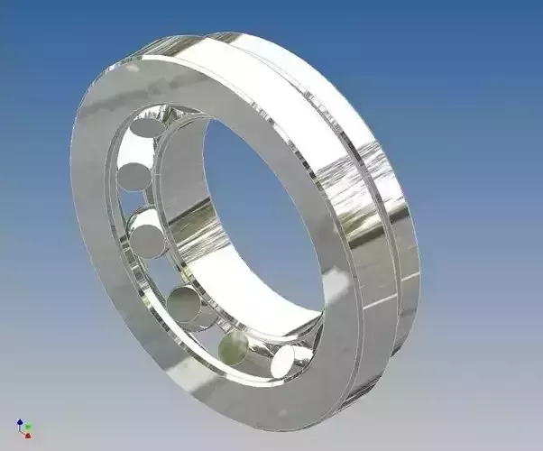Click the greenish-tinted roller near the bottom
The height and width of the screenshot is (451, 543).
click(235, 346)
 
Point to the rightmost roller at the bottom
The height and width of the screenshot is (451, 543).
click(286, 362)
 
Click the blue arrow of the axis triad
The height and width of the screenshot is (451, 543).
click(20, 421)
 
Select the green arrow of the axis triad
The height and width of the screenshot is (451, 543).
click(29, 427)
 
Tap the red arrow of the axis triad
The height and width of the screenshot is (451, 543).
click(26, 436)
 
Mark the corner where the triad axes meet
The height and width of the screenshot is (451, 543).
click(22, 430)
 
